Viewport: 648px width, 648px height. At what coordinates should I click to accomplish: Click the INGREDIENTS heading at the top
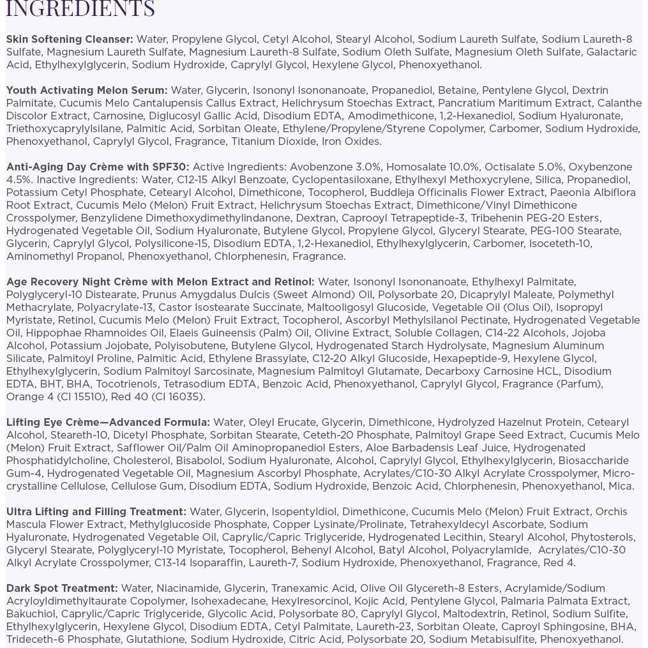tap(80, 9)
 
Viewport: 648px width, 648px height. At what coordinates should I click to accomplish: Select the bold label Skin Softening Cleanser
tap(70, 40)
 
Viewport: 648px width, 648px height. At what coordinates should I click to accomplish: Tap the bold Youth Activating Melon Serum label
tap(87, 91)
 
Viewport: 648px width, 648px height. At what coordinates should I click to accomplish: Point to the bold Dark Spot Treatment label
tap(62, 589)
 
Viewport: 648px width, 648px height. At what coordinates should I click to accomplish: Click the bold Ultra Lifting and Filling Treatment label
tap(96, 512)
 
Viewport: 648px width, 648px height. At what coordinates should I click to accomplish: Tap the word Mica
tap(621, 486)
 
